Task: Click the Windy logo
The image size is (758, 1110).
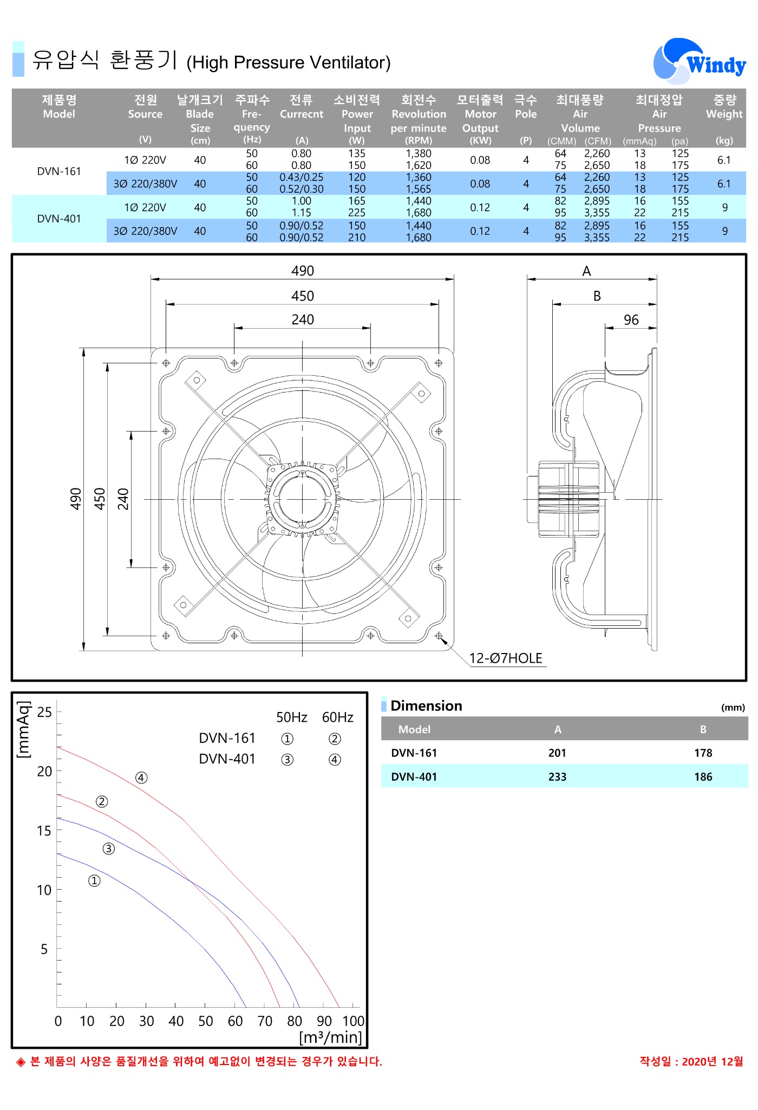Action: point(699,61)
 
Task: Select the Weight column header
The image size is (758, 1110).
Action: point(724,107)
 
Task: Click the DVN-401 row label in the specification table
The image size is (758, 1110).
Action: point(59,219)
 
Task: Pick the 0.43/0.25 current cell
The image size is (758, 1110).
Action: point(302,177)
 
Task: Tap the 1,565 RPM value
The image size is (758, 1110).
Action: point(419,189)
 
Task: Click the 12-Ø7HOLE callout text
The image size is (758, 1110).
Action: point(506,658)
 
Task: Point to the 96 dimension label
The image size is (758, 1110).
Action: point(631,319)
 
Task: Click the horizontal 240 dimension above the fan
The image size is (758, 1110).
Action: point(303,319)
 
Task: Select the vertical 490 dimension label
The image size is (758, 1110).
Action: point(76,499)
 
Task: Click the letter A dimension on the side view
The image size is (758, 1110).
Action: point(586,271)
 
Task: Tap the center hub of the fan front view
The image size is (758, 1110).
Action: point(302,499)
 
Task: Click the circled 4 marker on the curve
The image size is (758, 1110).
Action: point(141,778)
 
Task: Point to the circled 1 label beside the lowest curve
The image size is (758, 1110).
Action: point(94,881)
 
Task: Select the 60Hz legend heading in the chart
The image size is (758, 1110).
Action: point(337,717)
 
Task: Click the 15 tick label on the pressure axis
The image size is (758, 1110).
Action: point(44,831)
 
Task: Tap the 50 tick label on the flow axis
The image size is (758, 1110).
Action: point(205,1021)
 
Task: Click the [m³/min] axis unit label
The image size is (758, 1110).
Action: point(330,1037)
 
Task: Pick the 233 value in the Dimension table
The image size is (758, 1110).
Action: point(557,776)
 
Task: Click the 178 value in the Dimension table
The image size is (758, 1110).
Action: point(703,753)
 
